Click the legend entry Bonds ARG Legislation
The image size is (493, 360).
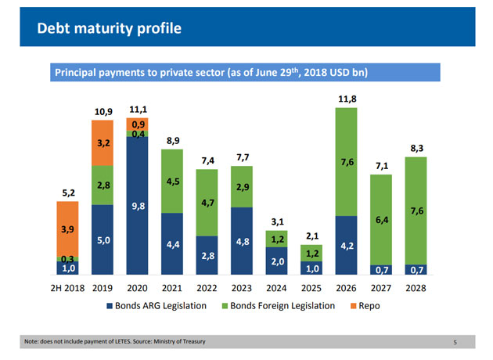coord(160,305)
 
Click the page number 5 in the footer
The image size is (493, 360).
coord(455,342)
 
